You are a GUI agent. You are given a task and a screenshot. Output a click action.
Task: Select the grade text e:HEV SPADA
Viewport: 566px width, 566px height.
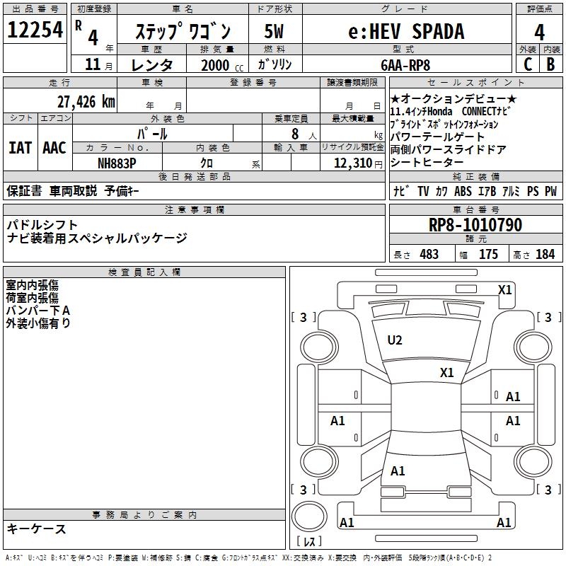tap(407, 31)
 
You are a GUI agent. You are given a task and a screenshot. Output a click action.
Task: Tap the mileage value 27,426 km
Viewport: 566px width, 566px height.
tap(86, 101)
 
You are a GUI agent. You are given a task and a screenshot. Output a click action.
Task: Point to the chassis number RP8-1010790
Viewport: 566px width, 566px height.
tap(475, 225)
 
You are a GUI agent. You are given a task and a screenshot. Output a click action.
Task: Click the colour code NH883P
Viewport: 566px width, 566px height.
tap(117, 162)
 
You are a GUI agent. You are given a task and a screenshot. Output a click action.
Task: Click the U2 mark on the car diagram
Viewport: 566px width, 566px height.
tap(395, 340)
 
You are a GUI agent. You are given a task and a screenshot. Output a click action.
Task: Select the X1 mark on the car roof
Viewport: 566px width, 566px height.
tap(447, 372)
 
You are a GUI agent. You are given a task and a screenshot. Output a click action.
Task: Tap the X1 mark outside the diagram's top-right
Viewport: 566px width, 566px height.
tap(505, 289)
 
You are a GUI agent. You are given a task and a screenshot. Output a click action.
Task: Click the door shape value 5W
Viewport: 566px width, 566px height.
tap(274, 31)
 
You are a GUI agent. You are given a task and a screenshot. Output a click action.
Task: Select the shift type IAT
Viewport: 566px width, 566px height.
tap(21, 147)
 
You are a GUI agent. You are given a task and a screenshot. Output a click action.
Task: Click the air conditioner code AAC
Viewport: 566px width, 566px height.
tap(54, 147)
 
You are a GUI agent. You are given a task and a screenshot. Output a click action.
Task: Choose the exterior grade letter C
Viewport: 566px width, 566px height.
tap(527, 64)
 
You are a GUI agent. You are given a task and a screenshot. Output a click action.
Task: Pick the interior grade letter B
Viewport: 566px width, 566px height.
tap(550, 64)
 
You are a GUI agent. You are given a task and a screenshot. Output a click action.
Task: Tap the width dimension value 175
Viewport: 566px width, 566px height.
tap(488, 255)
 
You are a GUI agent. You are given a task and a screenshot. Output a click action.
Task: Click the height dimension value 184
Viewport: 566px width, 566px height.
tap(545, 255)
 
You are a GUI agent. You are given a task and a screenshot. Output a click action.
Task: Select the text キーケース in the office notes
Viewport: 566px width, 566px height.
tap(37, 529)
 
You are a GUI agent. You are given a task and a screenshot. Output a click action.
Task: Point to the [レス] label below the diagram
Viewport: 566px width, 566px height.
tap(308, 542)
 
